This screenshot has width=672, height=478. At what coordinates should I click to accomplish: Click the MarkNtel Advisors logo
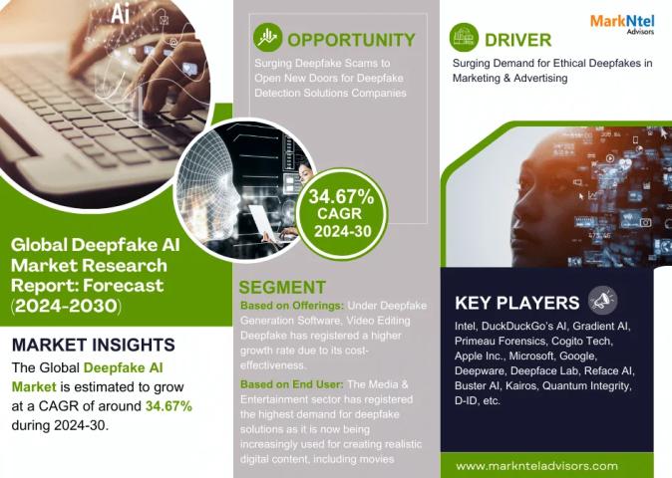(622, 24)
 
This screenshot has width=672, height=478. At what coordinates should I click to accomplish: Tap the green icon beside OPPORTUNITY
(267, 38)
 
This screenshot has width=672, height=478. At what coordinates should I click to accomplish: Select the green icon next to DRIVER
(464, 38)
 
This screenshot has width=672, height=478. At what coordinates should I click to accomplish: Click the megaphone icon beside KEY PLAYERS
(602, 301)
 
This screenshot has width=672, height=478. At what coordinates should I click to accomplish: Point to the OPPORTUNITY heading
(351, 40)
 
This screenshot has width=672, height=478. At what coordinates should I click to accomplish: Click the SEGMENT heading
(282, 287)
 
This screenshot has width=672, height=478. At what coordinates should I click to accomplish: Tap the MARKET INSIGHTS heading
(94, 345)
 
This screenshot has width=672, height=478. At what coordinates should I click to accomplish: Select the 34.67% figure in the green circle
(341, 197)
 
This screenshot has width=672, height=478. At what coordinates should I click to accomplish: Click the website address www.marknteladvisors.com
(536, 466)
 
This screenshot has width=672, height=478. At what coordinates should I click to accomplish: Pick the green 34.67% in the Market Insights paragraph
(168, 406)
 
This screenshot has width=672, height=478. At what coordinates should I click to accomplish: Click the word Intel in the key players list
(466, 326)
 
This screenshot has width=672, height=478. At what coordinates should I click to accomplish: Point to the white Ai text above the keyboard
(120, 15)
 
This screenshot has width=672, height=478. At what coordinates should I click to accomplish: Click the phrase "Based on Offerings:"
(292, 306)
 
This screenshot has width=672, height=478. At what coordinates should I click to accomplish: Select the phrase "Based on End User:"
(291, 384)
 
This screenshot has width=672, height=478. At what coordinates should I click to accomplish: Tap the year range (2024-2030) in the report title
(66, 306)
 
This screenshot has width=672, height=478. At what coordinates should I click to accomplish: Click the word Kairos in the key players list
(520, 386)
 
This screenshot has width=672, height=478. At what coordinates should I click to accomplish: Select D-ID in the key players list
(466, 401)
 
